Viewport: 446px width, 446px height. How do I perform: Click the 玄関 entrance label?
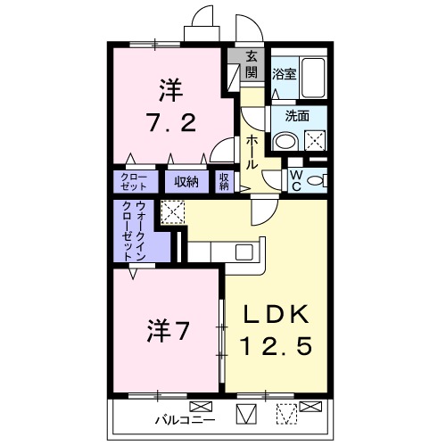(x=252, y=64)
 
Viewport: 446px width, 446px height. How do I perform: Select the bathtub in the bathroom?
(x=313, y=75)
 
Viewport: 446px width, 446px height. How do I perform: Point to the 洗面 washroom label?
(x=297, y=115)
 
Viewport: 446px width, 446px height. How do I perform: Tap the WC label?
(x=295, y=178)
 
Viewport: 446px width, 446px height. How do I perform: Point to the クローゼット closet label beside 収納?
(x=136, y=182)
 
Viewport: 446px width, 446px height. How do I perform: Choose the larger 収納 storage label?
(x=186, y=182)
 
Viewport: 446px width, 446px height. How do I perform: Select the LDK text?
(x=277, y=314)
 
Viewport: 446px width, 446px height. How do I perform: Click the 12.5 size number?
(x=277, y=346)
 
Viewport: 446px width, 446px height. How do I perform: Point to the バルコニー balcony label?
(x=184, y=416)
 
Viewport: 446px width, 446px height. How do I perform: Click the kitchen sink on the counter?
(x=244, y=252)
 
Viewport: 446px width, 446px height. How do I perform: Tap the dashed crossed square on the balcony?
(x=285, y=413)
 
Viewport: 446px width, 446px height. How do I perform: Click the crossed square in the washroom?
(x=315, y=139)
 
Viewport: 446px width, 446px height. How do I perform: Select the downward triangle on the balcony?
(x=246, y=413)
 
